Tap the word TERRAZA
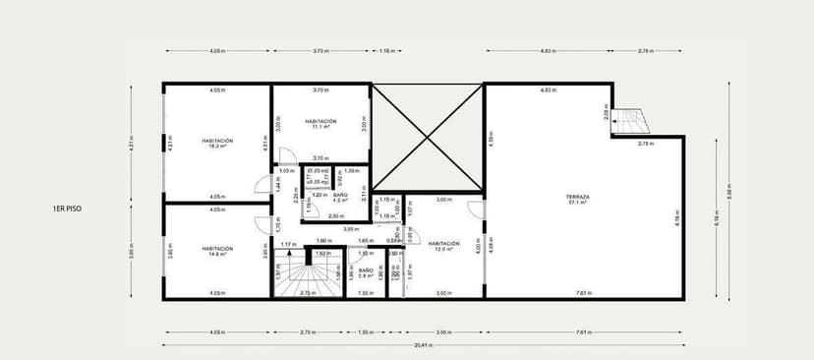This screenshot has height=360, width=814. pyautogui.click(x=578, y=197)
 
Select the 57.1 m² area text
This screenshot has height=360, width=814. pyautogui.click(x=578, y=204)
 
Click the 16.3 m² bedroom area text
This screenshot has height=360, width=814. pyautogui.click(x=217, y=146)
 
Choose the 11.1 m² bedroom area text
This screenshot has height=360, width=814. pyautogui.click(x=320, y=127)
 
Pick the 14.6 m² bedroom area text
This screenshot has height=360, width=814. pyautogui.click(x=217, y=255)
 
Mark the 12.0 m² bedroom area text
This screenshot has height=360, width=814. pyautogui.click(x=444, y=249)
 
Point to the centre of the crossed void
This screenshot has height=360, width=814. pyautogui.click(x=427, y=137)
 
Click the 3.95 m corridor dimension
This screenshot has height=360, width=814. pyautogui.click(x=349, y=229)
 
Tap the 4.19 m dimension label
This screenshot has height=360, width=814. pyautogui.click(x=491, y=139)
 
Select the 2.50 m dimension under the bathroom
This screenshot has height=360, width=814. pyautogui.click(x=336, y=215)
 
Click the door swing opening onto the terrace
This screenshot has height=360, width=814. pyautogui.click(x=475, y=210)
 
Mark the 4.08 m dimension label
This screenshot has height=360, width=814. pyautogui.click(x=491, y=244)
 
